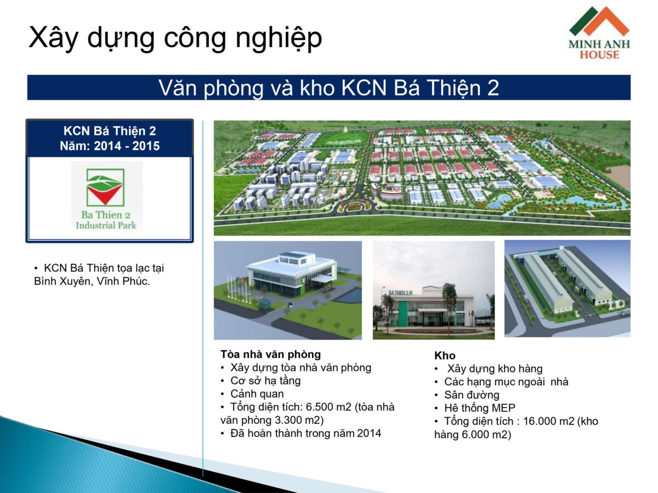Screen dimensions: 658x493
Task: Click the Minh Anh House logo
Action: [599, 33]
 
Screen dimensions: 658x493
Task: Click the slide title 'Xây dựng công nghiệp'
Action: [175, 38]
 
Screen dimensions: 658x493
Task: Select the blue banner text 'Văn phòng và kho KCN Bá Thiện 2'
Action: [328, 88]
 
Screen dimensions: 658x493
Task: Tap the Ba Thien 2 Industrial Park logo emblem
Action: [105, 187]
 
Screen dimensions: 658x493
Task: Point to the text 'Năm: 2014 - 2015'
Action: [110, 146]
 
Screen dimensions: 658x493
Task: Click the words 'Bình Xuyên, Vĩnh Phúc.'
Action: [92, 281]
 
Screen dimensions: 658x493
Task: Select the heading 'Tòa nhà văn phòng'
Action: [271, 354]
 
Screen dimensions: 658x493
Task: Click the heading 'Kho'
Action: [445, 356]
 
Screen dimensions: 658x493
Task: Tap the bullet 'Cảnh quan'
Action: [257, 394]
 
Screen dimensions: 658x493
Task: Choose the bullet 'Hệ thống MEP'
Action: [480, 408]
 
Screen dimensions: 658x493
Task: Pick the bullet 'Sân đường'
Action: [472, 395]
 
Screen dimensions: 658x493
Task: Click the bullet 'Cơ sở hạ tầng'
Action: [265, 381]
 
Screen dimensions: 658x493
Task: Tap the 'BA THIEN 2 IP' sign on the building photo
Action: [400, 293]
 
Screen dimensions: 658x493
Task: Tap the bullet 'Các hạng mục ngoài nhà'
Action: [506, 382]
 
